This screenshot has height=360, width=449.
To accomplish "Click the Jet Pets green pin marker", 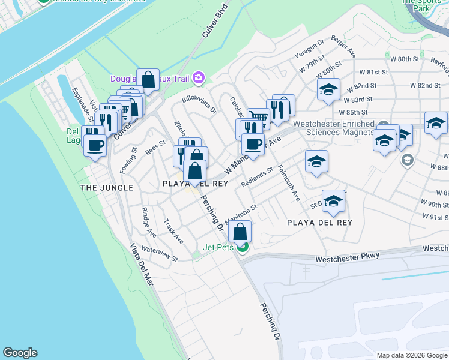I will [243, 247].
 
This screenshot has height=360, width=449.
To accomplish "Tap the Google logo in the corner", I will [20, 353].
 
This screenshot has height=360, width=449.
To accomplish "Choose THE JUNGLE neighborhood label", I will [106, 188].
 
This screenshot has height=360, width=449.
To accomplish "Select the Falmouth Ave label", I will [288, 183].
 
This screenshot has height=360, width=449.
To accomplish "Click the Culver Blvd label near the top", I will [215, 22].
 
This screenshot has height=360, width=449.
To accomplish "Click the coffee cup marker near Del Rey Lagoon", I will [95, 145].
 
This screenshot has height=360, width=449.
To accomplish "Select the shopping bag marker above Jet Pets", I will [240, 232].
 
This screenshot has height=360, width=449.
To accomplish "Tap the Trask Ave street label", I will [173, 230].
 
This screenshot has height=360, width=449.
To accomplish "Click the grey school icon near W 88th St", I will [407, 160].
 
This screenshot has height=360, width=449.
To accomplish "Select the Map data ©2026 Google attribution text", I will [412, 355].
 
